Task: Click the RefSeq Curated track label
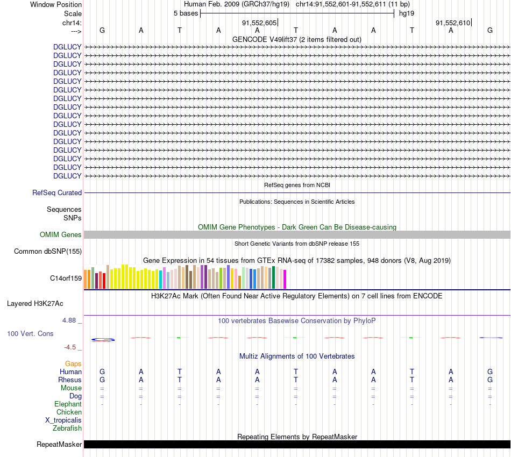[57, 192]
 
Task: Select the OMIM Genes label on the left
[61, 234]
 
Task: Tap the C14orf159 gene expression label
[66, 278]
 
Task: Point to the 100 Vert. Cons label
[30, 333]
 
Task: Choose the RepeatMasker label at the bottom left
[59, 444]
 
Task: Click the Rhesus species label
[70, 380]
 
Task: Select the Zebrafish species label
[67, 429]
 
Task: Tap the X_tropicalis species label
[63, 420]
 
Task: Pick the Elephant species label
[68, 404]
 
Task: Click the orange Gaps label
[73, 363]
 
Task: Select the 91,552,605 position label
[259, 23]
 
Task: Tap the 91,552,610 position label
[453, 23]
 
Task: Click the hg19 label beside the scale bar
[406, 13]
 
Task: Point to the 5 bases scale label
[186, 13]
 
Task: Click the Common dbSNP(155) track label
[48, 251]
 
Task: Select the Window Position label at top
[56, 4]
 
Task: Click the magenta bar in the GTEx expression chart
[285, 279]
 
